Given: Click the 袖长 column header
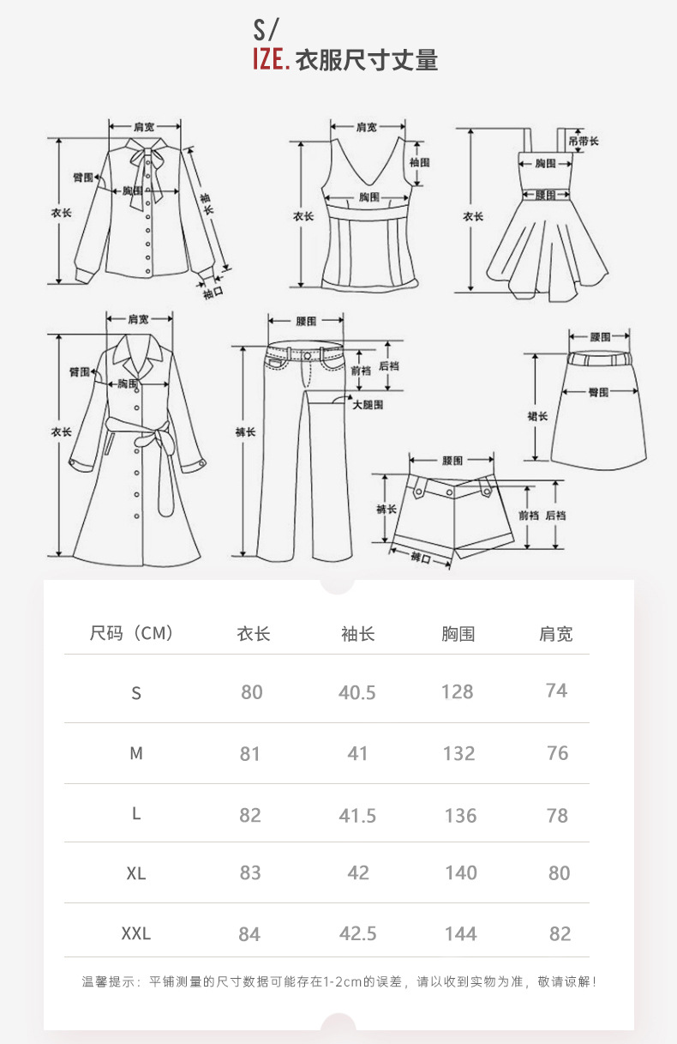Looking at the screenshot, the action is pos(357,634).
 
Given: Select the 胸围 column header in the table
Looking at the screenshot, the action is pos(458,634).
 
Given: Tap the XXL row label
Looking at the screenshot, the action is pos(135,933).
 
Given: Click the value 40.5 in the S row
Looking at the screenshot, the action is pos(356,692).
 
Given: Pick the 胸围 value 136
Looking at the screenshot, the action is pos(460,815).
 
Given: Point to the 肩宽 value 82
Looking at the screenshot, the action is pos(560,933).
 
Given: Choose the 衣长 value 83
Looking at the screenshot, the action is pos(250,873).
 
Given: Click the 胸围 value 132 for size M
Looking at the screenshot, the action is pos(458,753).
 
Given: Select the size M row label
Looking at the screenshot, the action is pos(135,753).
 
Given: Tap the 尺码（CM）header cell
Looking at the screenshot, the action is pos(132,634).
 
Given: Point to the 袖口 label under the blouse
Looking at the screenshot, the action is pos(213,293).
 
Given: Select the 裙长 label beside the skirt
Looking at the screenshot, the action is pos(537,416).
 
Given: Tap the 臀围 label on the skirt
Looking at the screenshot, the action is pos(598,392).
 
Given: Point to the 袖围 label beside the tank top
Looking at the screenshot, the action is pos(419,162).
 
